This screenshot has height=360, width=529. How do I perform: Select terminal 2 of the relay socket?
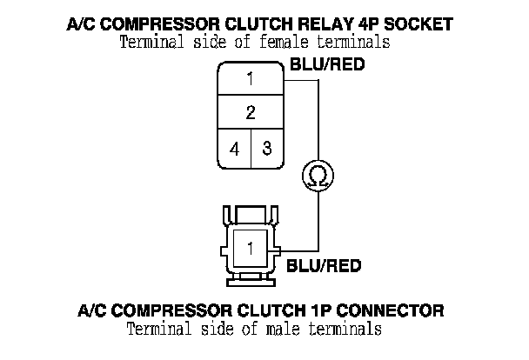coord(250,113)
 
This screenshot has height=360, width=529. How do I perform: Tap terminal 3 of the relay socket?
coord(266,148)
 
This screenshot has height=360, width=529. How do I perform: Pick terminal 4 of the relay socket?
coord(234,149)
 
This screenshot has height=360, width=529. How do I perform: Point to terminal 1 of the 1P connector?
coord(250,248)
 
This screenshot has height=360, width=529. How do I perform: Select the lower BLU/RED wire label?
coord(324,266)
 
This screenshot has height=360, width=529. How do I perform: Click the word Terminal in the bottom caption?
coord(157,330)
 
